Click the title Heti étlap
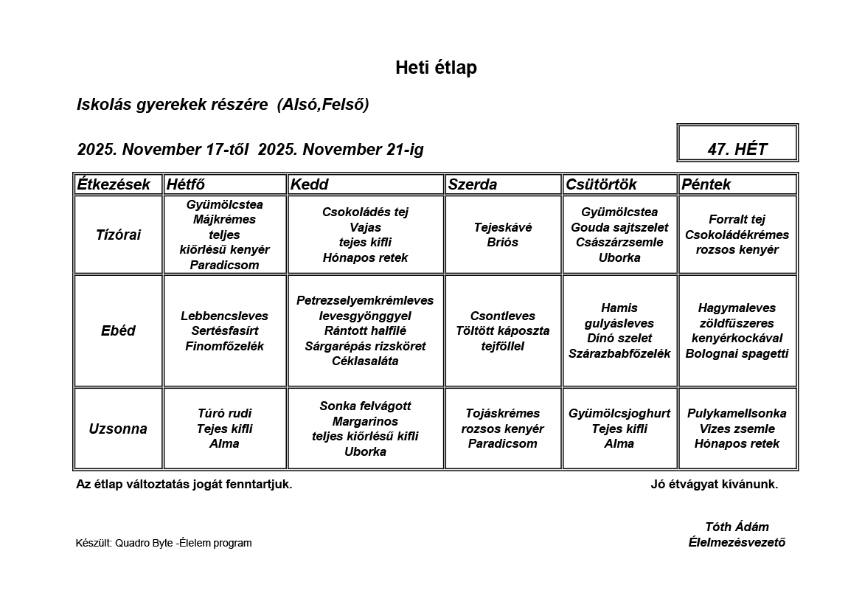(x=436, y=68)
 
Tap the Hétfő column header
(x=186, y=184)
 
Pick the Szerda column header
(x=473, y=184)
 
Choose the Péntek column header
(x=706, y=184)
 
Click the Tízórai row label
(x=118, y=235)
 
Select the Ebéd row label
(x=118, y=331)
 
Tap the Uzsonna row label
(x=118, y=429)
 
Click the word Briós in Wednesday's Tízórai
(x=503, y=243)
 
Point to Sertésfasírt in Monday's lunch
(x=225, y=331)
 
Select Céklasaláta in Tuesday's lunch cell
(x=365, y=361)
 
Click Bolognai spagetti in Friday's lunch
(x=737, y=354)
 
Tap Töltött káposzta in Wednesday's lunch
(x=503, y=331)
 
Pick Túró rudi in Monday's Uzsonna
(x=225, y=414)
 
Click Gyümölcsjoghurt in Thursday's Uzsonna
(x=619, y=414)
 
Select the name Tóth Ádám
(x=737, y=527)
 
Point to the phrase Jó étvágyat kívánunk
(x=714, y=485)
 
